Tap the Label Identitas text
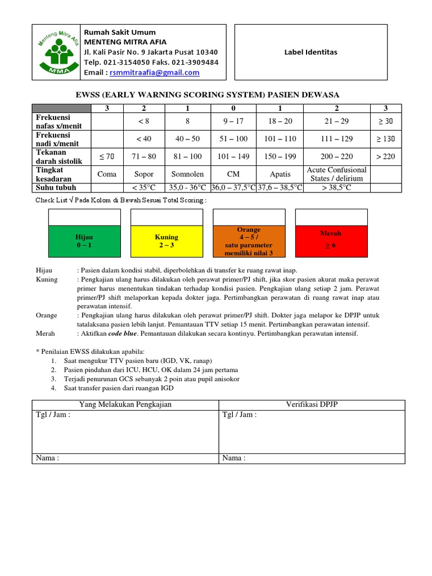[x=310, y=52]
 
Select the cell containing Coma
[x=107, y=174]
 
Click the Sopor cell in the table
[x=143, y=174]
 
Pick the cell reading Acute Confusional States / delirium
[x=336, y=174]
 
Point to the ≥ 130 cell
[x=385, y=139]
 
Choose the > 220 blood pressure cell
[x=385, y=156]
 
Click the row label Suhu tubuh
[x=56, y=188]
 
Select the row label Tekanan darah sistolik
[x=59, y=156]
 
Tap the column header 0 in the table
[x=233, y=109]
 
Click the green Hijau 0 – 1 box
[x=84, y=241]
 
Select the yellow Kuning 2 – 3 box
[x=166, y=241]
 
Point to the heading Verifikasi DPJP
[x=311, y=404]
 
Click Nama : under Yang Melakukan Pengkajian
[x=48, y=458]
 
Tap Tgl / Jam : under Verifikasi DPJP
[x=240, y=415]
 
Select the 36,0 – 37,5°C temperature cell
[x=233, y=188]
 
